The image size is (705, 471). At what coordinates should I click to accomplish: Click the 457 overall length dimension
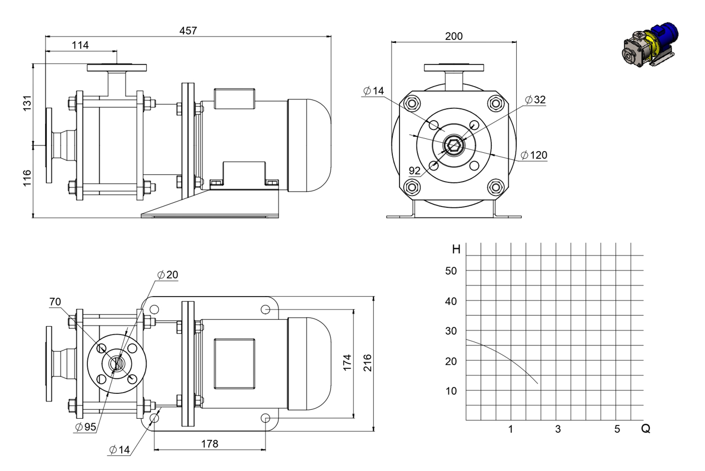pyautogui.click(x=188, y=31)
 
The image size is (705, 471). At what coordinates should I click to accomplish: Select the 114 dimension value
pyautogui.click(x=80, y=46)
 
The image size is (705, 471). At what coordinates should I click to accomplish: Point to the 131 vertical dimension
pyautogui.click(x=27, y=103)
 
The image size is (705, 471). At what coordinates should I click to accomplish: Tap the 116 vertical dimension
pyautogui.click(x=27, y=178)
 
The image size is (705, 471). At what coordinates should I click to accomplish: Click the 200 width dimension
pyautogui.click(x=454, y=36)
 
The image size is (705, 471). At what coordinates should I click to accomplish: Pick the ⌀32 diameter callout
pyautogui.click(x=536, y=100)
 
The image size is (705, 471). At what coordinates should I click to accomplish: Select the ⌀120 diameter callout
pyautogui.click(x=534, y=155)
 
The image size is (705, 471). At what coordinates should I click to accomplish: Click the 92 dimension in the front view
pyautogui.click(x=414, y=171)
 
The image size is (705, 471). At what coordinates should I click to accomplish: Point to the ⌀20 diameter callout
pyautogui.click(x=168, y=275)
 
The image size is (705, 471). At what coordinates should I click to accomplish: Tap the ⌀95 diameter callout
pyautogui.click(x=86, y=427)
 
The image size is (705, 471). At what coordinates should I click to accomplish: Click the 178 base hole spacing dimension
pyautogui.click(x=209, y=444)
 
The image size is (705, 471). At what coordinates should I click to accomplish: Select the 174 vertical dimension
pyautogui.click(x=347, y=363)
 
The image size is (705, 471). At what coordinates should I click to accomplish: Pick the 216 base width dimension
pyautogui.click(x=368, y=363)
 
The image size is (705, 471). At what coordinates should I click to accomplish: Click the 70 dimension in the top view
pyautogui.click(x=55, y=302)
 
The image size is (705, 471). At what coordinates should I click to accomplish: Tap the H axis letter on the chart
pyautogui.click(x=456, y=249)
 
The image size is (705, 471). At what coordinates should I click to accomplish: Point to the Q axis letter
pyautogui.click(x=646, y=429)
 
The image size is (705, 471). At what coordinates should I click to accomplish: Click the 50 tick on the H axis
pyautogui.click(x=451, y=271)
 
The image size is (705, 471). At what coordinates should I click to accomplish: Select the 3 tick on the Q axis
pyautogui.click(x=558, y=429)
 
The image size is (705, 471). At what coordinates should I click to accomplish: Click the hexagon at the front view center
pyautogui.click(x=453, y=146)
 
